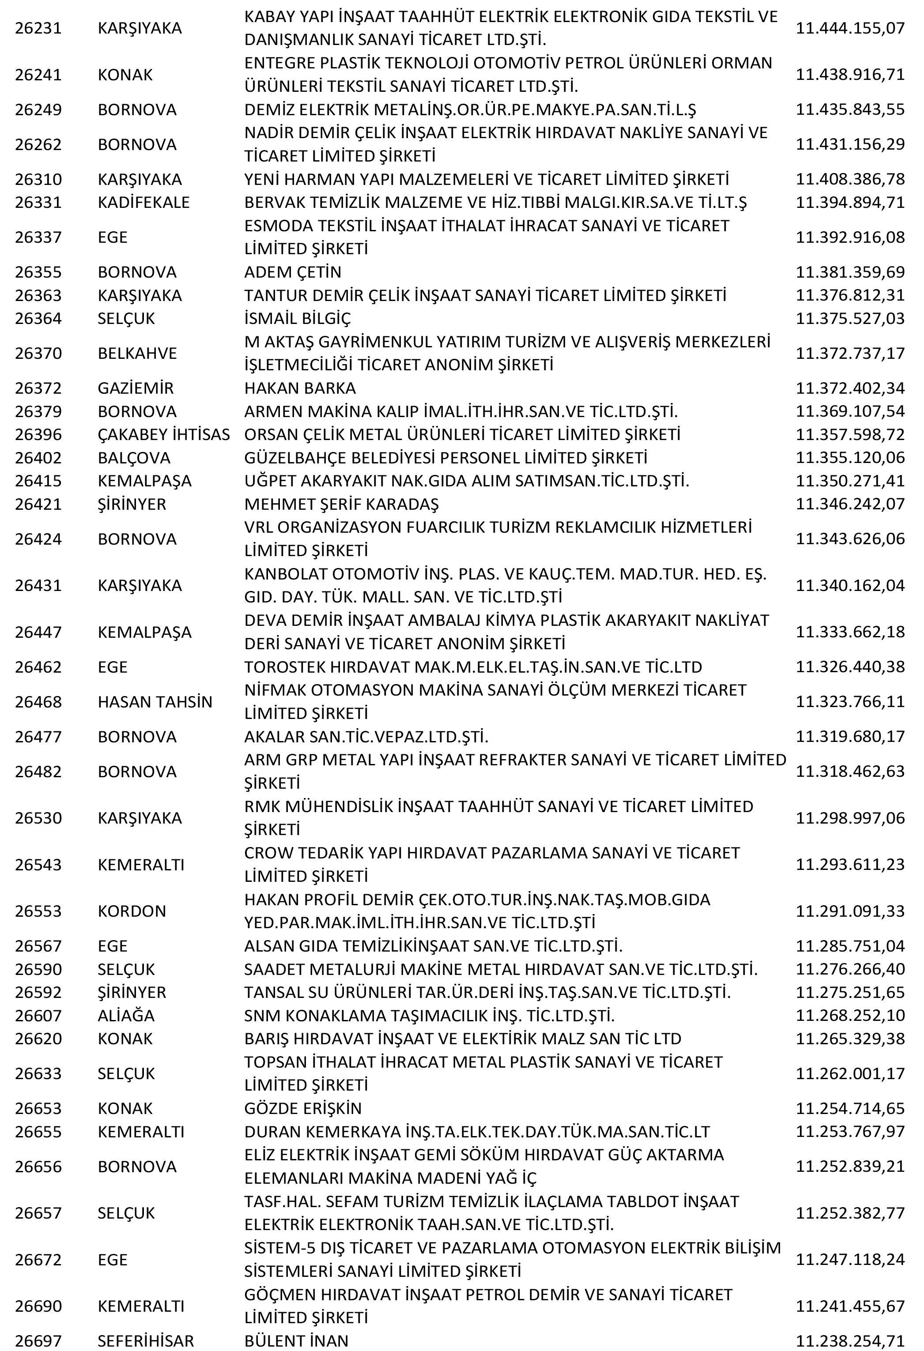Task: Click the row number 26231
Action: pos(38,28)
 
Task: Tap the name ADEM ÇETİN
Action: pos(293,271)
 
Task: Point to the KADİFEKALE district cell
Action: pos(143,202)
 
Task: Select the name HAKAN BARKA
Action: pos(300,388)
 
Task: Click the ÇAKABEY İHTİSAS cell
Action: pos(164,434)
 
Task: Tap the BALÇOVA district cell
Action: pos(134,458)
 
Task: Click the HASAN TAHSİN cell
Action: pos(155,702)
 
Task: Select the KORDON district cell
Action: pos(132,911)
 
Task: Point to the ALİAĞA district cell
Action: pos(126,1016)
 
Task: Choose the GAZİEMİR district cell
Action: pos(136,388)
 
